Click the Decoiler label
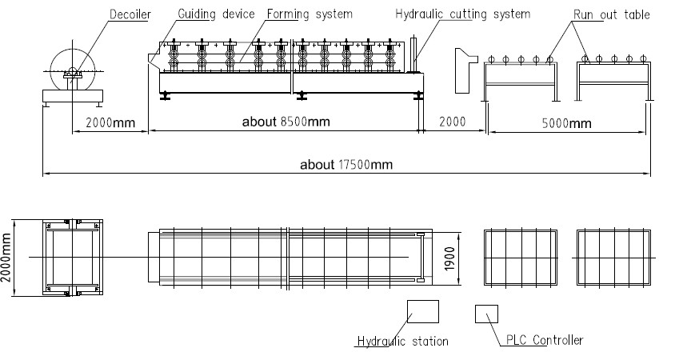click(x=130, y=14)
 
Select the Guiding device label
click(x=216, y=14)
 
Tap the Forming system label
click(x=310, y=14)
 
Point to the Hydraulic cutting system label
click(x=463, y=14)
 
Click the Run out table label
click(x=611, y=14)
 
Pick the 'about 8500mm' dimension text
click(x=286, y=122)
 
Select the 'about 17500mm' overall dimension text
click(x=346, y=165)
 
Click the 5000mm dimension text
click(x=566, y=123)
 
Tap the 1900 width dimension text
click(x=449, y=258)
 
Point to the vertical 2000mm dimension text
click(x=6, y=258)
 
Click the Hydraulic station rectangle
click(x=423, y=311)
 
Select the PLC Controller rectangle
click(x=486, y=314)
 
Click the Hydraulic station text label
click(x=403, y=342)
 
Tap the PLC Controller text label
click(x=545, y=340)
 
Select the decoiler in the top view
click(x=72, y=258)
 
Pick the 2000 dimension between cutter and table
click(x=453, y=122)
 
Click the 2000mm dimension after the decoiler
click(x=110, y=122)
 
